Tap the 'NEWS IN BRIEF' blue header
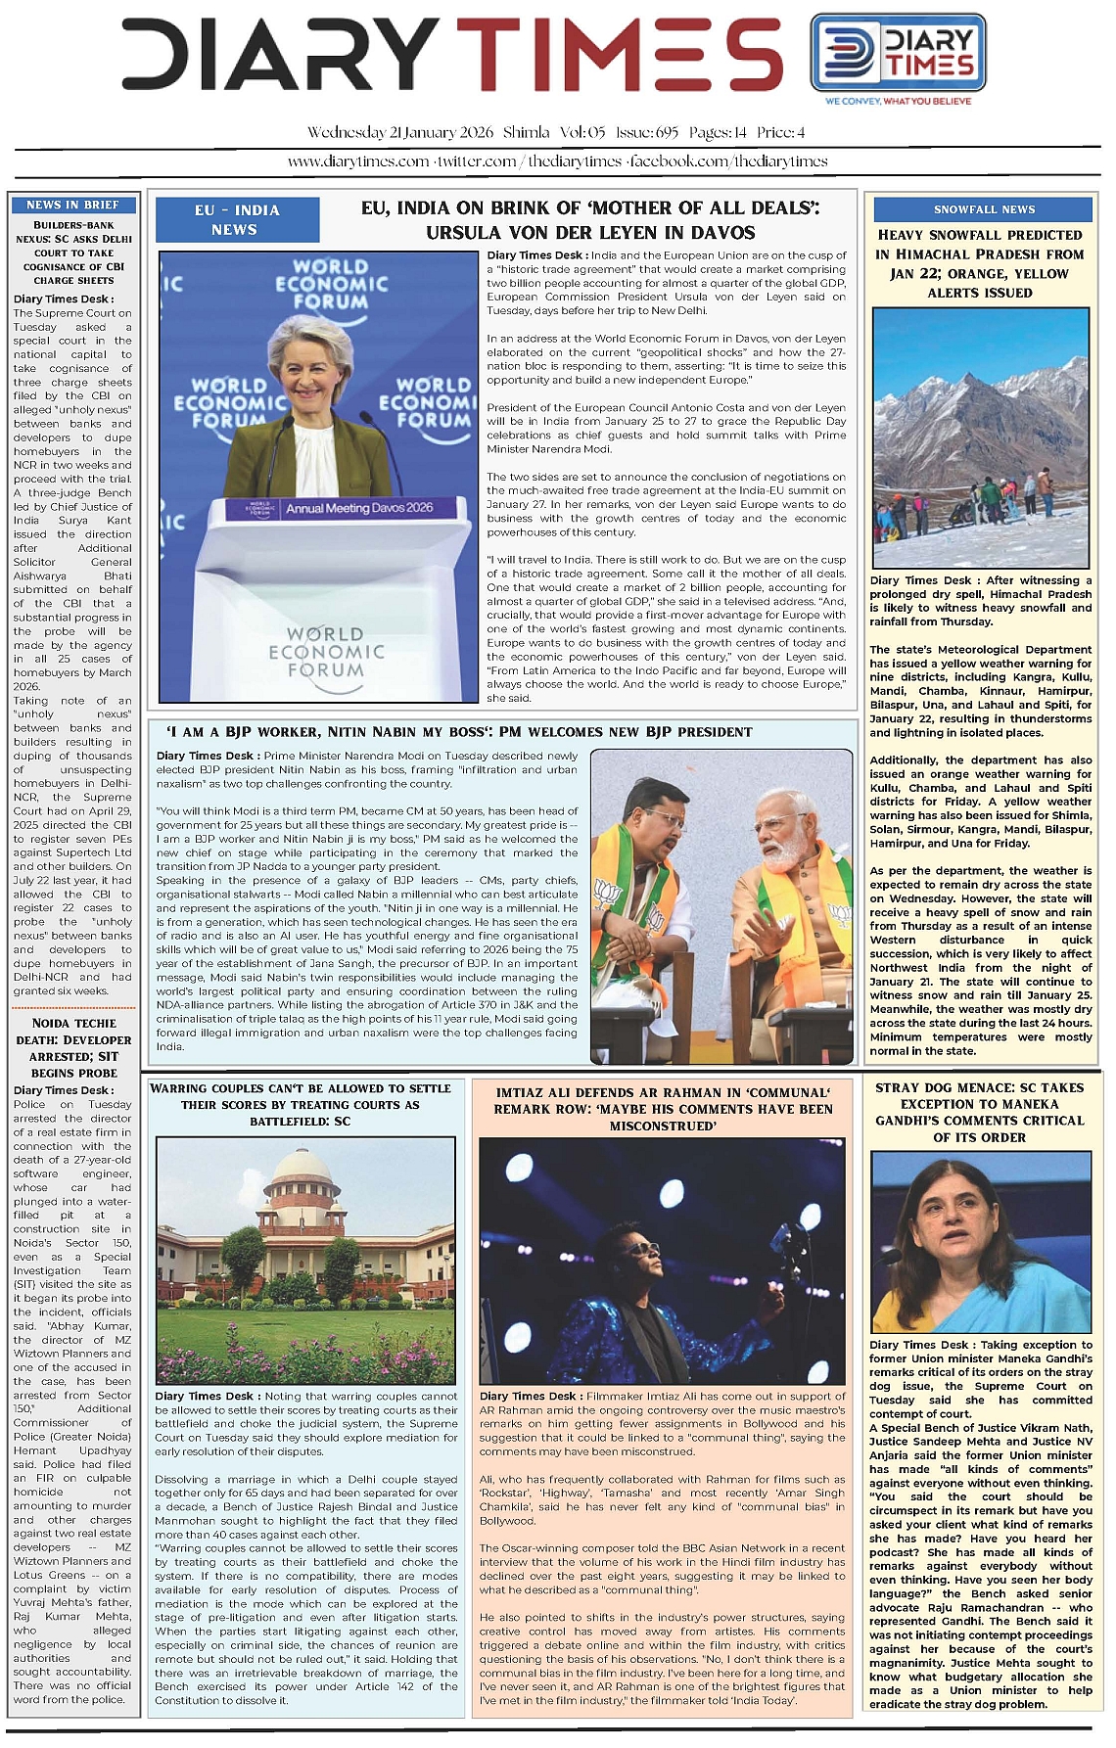(x=72, y=205)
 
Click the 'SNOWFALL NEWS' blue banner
(x=983, y=209)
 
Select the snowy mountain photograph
(x=980, y=437)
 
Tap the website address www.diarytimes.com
(x=357, y=161)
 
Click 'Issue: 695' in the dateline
(x=647, y=132)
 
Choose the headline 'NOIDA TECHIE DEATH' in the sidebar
(x=72, y=1047)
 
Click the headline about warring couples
(x=301, y=1104)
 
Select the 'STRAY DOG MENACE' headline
(x=979, y=1112)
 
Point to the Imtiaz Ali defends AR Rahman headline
(x=663, y=1109)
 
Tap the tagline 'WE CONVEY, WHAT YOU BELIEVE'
(x=898, y=101)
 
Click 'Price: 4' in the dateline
(x=780, y=132)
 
